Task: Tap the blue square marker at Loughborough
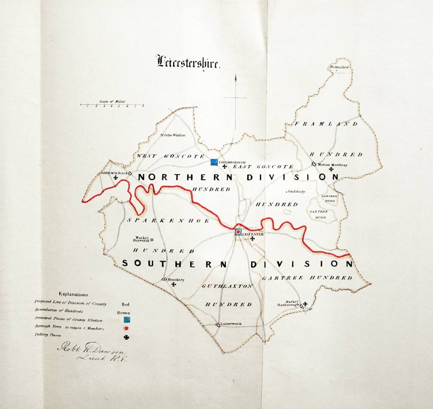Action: pos(215,162)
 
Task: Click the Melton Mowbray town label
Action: pos(332,165)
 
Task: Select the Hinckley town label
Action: pos(176,279)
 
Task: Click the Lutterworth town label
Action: pos(231,324)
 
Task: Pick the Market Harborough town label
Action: pos(289,304)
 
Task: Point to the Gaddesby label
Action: pos(296,192)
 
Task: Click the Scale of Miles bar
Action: pos(112,104)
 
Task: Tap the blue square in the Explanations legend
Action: pos(127,320)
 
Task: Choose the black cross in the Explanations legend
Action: pos(127,338)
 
